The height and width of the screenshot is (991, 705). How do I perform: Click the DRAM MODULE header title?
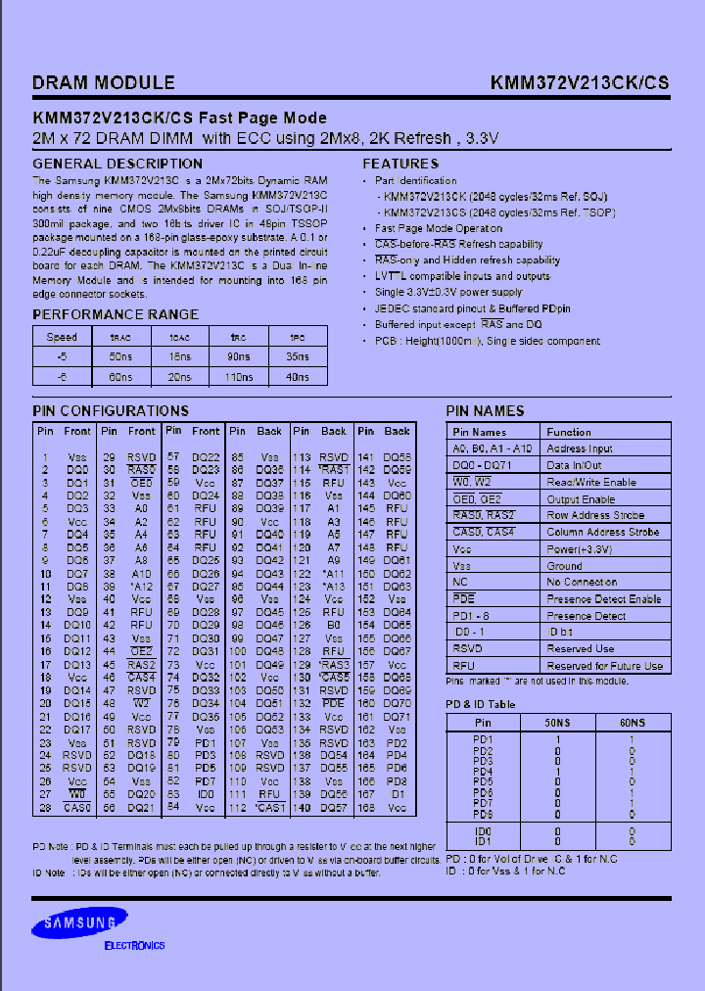[x=104, y=83]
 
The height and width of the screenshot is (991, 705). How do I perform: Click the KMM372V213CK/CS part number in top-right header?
[x=580, y=83]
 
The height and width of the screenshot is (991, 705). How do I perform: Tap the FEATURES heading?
[x=400, y=164]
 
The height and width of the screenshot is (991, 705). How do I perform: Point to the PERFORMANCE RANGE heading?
[x=116, y=314]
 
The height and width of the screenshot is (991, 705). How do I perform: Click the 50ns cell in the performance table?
[x=119, y=355]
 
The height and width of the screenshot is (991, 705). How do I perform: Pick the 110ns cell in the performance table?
[x=239, y=375]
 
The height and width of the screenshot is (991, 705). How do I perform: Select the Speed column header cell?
[x=62, y=336]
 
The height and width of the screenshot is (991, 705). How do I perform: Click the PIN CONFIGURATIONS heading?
[x=111, y=411]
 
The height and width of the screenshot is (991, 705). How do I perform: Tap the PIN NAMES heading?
[x=485, y=411]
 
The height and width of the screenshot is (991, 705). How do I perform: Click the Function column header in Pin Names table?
[x=569, y=432]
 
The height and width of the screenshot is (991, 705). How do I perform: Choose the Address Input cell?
[x=580, y=448]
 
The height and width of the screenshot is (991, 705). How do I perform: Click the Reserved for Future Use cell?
[x=605, y=665]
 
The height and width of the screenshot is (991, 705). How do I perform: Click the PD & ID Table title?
[x=481, y=704]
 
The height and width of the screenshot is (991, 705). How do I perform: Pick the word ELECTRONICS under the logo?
[x=134, y=946]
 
